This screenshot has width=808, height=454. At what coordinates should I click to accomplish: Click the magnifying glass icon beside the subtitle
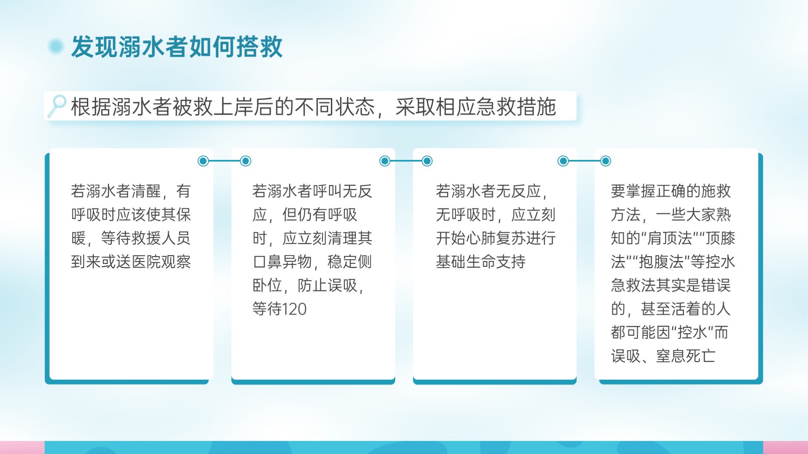click(57, 106)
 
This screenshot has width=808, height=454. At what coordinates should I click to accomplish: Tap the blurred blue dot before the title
click(56, 47)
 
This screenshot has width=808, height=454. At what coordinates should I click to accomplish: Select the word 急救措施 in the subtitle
click(516, 107)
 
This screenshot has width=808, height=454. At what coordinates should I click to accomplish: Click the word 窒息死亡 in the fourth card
click(686, 357)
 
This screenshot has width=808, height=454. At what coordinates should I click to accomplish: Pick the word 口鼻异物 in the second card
click(282, 262)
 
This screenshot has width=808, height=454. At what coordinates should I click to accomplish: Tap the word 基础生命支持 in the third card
click(481, 262)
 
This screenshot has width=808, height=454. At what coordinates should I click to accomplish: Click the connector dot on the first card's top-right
click(203, 161)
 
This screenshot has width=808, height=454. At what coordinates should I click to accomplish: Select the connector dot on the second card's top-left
click(246, 161)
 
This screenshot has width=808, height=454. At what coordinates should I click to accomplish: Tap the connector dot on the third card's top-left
click(427, 161)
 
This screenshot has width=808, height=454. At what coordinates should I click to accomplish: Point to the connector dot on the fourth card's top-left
click(606, 161)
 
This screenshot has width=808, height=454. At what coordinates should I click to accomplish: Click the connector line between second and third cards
click(406, 161)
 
